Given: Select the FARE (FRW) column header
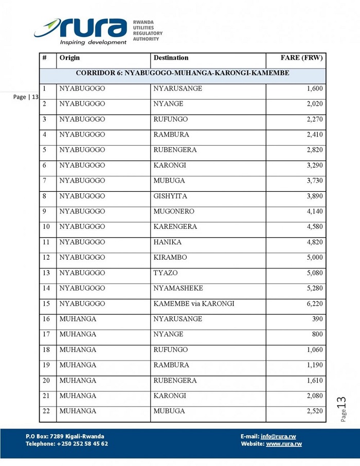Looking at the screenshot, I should (x=301, y=58).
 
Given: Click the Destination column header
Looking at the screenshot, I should (x=171, y=58).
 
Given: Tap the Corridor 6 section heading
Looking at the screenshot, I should (x=183, y=74).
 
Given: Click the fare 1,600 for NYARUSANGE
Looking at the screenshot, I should (x=314, y=89).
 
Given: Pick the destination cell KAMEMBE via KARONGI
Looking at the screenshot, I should (x=193, y=304).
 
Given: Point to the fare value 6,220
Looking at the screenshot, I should (x=314, y=304).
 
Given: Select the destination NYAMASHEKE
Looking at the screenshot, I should (x=178, y=289).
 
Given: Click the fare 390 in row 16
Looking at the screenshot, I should (x=317, y=319).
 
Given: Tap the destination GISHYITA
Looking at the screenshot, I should (x=170, y=196).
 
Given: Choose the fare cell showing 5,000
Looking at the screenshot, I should (x=314, y=258).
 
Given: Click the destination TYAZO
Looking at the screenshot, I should (x=165, y=273).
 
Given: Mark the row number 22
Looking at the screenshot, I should (x=46, y=411).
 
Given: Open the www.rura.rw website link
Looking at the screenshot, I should (x=284, y=444).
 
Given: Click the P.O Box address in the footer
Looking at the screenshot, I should (x=65, y=437).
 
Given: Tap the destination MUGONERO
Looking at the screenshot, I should (x=173, y=211).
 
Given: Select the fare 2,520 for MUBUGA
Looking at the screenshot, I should (x=314, y=411).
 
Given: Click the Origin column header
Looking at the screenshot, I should (x=69, y=58).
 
